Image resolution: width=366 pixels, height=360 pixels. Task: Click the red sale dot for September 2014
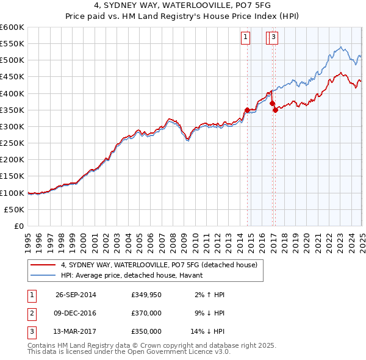247,110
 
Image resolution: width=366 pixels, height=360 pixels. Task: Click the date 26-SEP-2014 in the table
76,295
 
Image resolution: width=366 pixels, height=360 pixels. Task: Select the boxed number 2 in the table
30,314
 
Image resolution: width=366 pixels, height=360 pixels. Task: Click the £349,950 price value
146,295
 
